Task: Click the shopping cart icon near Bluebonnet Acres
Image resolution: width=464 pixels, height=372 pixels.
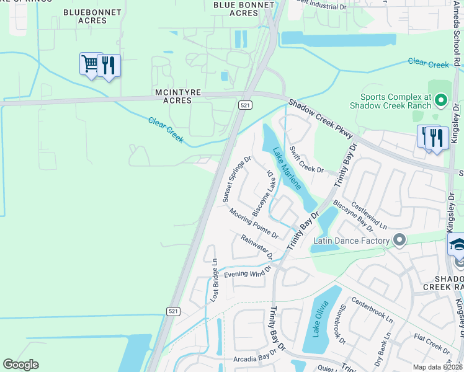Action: pyautogui.click(x=91, y=63)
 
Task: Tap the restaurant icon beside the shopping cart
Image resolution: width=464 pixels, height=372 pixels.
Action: pyautogui.click(x=109, y=65)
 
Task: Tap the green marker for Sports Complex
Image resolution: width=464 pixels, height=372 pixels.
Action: pyautogui.click(x=441, y=99)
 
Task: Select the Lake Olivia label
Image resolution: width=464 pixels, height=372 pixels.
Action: pyautogui.click(x=317, y=318)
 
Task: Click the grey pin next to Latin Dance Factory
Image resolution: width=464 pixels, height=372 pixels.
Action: pyautogui.click(x=399, y=239)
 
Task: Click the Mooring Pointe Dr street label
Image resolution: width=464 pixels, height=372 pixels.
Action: pyautogui.click(x=253, y=223)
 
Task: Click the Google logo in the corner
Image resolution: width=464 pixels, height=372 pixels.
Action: pyautogui.click(x=21, y=365)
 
